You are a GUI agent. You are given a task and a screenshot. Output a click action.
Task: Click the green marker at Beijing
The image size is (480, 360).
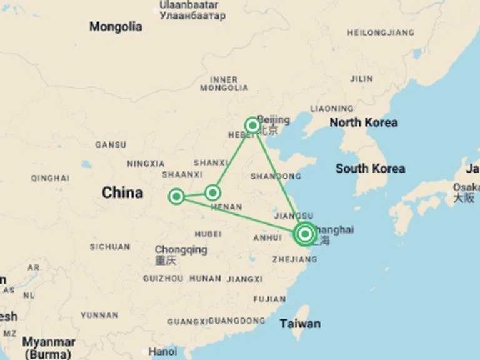(252, 125)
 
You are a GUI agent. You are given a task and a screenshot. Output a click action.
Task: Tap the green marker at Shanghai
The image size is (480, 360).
(305, 234)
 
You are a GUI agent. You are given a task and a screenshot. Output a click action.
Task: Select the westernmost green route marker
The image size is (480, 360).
(176, 197)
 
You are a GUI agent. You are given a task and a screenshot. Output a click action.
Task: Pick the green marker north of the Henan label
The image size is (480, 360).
(213, 192)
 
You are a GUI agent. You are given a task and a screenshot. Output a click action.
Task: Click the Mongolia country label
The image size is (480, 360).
(116, 27)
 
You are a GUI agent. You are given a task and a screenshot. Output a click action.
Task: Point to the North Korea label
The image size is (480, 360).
(363, 122)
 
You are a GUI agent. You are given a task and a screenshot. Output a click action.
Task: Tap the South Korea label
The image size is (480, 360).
(370, 168)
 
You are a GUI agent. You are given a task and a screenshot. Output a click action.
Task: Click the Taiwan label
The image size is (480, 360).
(300, 324)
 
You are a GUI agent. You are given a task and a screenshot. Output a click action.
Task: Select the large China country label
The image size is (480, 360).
(122, 193)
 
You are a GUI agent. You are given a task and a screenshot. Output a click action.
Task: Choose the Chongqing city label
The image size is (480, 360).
(181, 250)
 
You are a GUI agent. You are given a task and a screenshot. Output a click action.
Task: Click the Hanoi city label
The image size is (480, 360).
(162, 352)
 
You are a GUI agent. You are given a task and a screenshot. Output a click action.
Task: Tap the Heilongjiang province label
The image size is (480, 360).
(381, 32)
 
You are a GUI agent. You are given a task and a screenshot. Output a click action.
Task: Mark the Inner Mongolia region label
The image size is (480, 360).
(224, 84)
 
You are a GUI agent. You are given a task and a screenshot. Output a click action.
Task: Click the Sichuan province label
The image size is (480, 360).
(109, 247)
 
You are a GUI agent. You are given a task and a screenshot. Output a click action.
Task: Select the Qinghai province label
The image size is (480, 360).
(50, 178)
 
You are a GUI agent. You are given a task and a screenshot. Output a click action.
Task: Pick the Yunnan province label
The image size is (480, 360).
(99, 316)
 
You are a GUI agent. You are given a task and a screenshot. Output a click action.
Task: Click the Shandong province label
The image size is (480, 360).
(276, 176)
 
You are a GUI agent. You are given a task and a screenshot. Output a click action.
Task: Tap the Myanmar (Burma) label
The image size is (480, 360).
(49, 347)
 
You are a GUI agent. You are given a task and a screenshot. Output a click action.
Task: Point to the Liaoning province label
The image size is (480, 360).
(332, 109)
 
